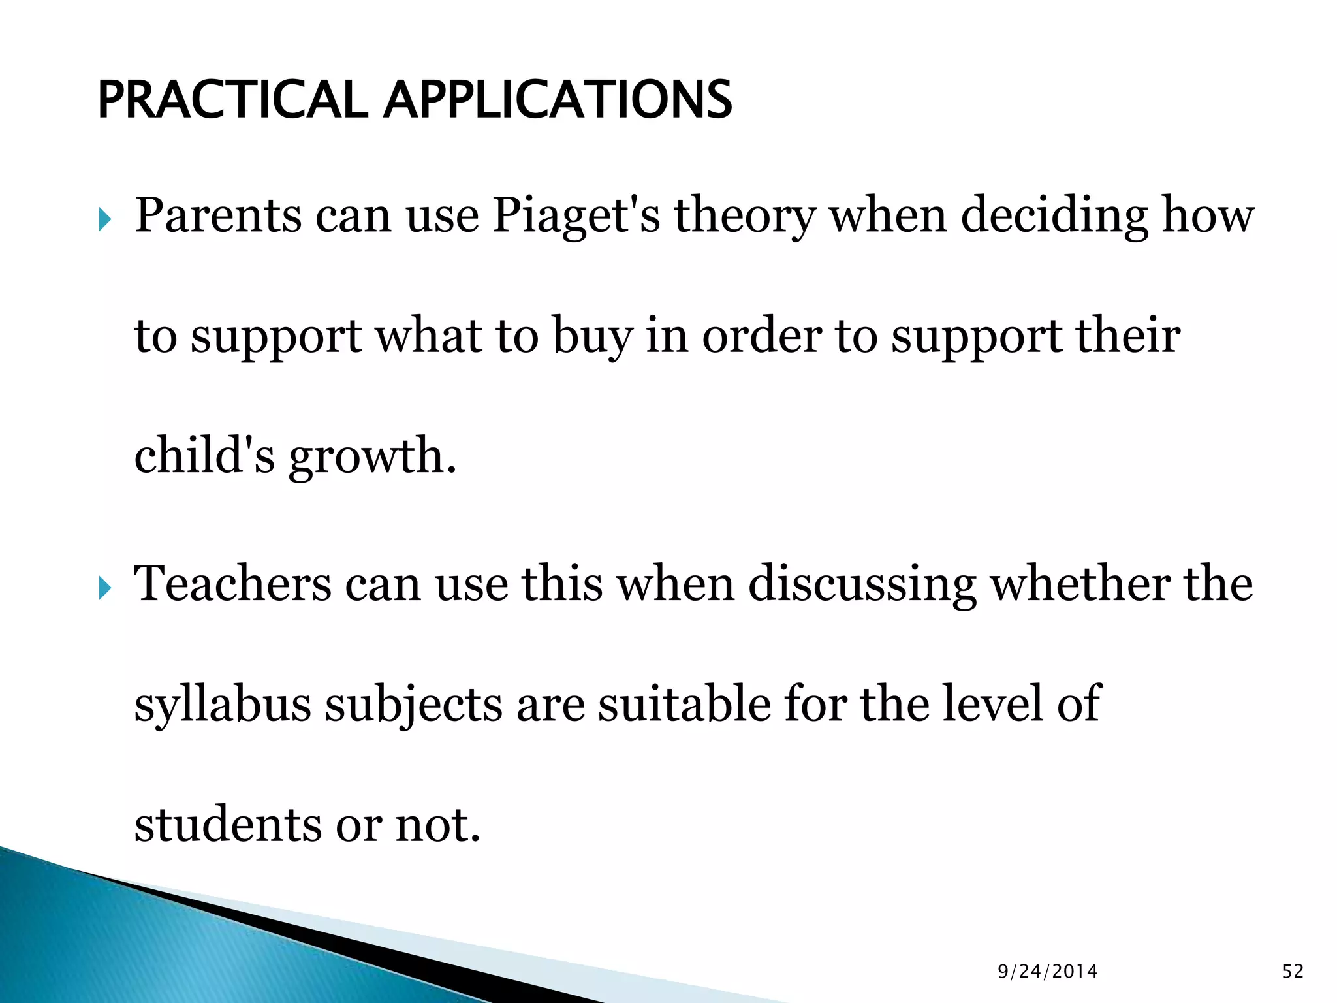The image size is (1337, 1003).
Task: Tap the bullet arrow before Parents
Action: pyautogui.click(x=104, y=220)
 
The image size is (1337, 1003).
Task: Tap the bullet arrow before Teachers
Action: pyautogui.click(x=104, y=588)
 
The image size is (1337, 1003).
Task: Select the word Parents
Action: pyautogui.click(x=218, y=215)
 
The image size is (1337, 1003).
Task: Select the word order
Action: pyautogui.click(x=762, y=336)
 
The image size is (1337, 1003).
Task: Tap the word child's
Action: pyautogui.click(x=204, y=455)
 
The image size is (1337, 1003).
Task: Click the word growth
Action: pyautogui.click(x=372, y=456)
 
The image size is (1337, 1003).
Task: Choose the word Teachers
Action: pyautogui.click(x=232, y=583)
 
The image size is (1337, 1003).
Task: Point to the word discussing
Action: pyautogui.click(x=862, y=584)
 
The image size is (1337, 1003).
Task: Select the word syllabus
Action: pyautogui.click(x=222, y=705)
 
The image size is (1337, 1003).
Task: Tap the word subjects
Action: pyautogui.click(x=414, y=705)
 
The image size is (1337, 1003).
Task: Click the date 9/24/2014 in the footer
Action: pyautogui.click(x=1048, y=972)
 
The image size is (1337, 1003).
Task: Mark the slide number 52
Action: pyautogui.click(x=1293, y=972)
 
